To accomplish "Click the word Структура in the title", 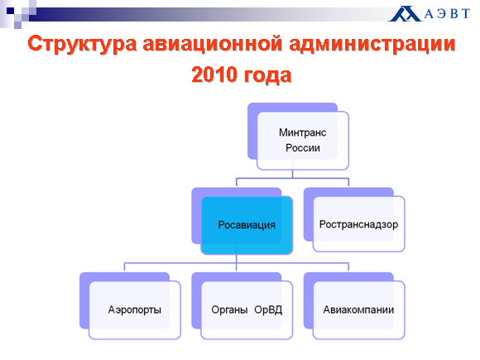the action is [x=82, y=45].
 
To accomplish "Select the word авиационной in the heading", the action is [x=213, y=43].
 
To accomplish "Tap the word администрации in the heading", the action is [x=372, y=45].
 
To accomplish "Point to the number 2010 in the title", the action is [x=214, y=74].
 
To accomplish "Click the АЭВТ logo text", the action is [x=447, y=14].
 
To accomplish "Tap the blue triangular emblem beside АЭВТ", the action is [x=405, y=14].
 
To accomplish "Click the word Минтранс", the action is [x=302, y=132].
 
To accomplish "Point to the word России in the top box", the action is [x=303, y=148].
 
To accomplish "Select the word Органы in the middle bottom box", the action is [x=229, y=310].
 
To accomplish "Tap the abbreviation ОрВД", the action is [x=268, y=310].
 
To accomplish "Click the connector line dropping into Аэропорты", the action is [x=124, y=266].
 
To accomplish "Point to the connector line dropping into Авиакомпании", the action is [x=348, y=266].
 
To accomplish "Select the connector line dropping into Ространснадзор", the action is [x=348, y=182].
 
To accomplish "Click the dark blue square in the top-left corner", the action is [x=11, y=11].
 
